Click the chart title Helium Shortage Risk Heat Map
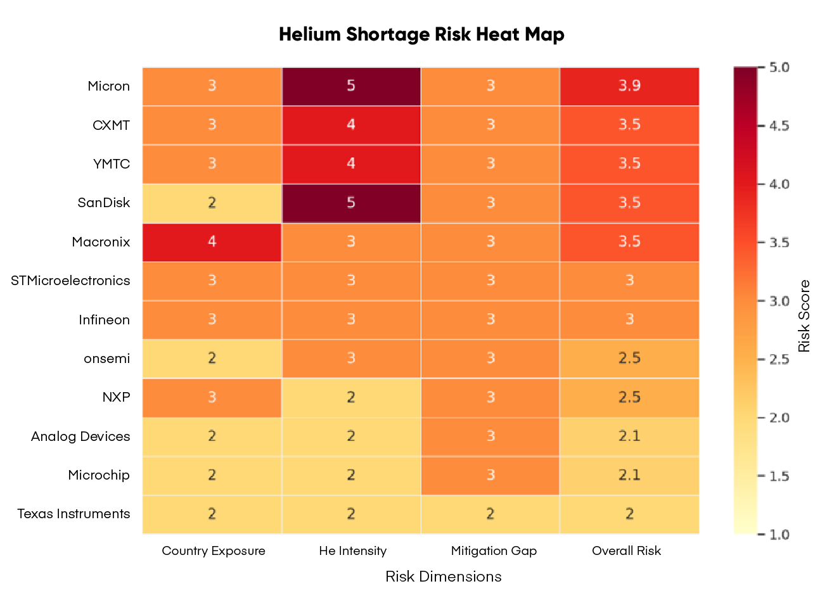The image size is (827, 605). click(x=421, y=34)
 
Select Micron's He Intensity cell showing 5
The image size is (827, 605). click(x=351, y=86)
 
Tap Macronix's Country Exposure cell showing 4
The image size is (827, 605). click(x=212, y=242)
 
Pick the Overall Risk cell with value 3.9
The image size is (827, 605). click(x=629, y=86)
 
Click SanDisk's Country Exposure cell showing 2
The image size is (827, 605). click(x=212, y=203)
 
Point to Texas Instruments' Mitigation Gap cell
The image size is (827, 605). click(x=490, y=514)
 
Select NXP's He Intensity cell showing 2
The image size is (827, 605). click(x=351, y=397)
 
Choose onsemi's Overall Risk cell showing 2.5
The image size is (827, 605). click(x=629, y=359)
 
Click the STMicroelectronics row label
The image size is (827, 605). click(x=70, y=281)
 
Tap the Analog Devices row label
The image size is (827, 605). click(x=80, y=436)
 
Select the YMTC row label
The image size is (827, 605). click(x=112, y=164)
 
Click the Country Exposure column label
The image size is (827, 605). click(x=214, y=551)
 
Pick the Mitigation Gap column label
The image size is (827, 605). click(x=494, y=551)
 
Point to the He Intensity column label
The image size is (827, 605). click(x=353, y=551)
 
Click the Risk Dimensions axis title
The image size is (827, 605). click(x=443, y=576)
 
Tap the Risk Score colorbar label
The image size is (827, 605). click(x=804, y=316)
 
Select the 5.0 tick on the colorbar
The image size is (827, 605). click(x=779, y=67)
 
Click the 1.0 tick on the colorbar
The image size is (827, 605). click(x=779, y=535)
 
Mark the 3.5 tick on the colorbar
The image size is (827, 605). click(x=779, y=243)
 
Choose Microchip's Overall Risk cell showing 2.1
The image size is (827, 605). click(x=629, y=475)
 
